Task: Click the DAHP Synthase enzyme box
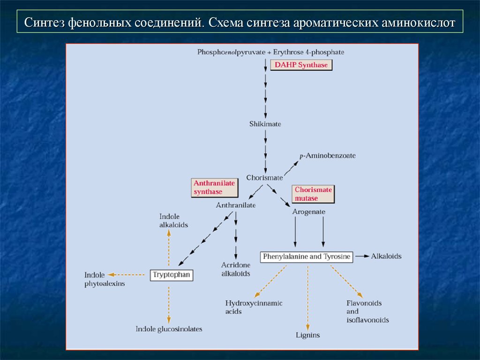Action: click(301, 65)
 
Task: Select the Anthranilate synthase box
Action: click(215, 187)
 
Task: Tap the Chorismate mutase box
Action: click(313, 194)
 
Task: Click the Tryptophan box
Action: click(172, 275)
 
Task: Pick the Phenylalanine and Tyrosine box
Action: click(307, 256)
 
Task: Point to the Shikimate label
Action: click(265, 124)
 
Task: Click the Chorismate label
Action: click(264, 178)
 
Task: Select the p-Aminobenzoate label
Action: click(328, 156)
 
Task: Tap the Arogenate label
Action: click(308, 211)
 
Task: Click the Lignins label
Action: click(307, 335)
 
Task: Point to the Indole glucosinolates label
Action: click(169, 329)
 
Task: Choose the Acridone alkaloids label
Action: click(236, 269)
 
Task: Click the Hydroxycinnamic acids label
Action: click(254, 307)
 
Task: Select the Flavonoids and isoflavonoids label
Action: click(367, 311)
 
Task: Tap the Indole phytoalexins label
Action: click(105, 279)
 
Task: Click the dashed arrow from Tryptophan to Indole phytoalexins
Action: click(126, 275)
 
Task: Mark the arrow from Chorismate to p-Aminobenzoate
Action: click(291, 168)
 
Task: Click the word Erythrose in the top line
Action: click(287, 52)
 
